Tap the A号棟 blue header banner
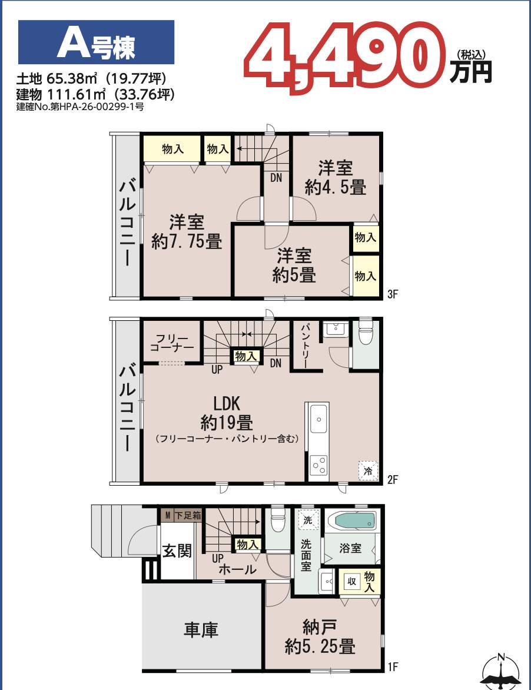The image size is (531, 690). pos(96,42)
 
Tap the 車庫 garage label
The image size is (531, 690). pos(201,629)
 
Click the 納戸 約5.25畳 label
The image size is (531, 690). pos(320,637)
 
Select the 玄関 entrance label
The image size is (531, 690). pos(177,551)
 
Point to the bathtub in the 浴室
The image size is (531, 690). pos(351,520)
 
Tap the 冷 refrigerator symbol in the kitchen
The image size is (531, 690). pos(367,470)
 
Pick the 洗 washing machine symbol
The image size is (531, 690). pos(308,520)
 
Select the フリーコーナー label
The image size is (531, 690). pos(172,343)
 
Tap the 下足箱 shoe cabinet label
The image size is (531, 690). pos(188,515)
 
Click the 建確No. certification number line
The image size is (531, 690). pos(81,107)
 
